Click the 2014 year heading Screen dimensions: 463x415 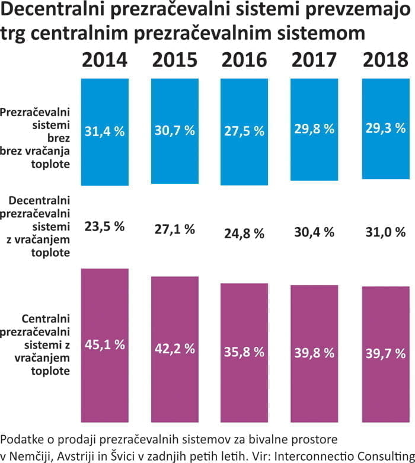[104, 60]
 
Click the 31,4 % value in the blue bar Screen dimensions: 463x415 [104, 132]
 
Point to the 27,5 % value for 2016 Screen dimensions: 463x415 [244, 132]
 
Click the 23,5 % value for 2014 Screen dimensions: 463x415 [104, 226]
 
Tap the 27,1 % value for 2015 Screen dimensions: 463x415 [174, 230]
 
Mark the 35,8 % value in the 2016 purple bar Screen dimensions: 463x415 [244, 352]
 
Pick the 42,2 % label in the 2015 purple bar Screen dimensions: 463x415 [174, 349]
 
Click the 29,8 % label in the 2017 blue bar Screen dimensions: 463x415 [314, 129]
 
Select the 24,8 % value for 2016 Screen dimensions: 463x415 [244, 234]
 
